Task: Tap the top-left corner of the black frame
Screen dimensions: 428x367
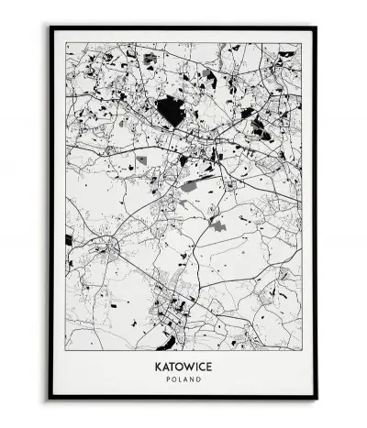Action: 51,27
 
